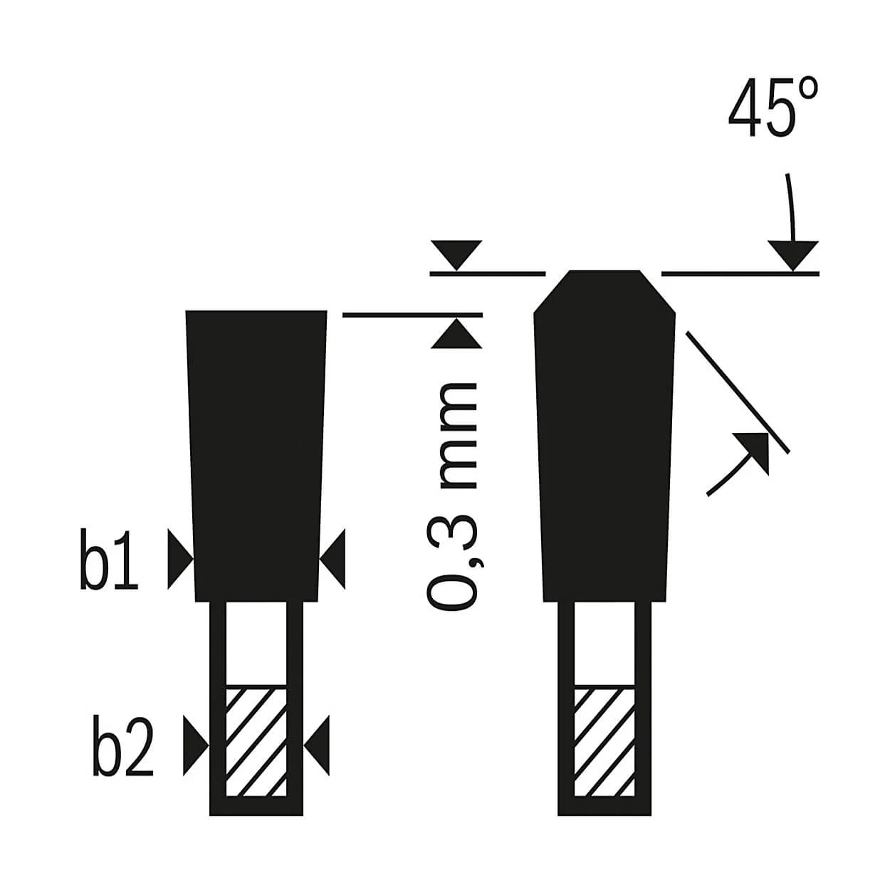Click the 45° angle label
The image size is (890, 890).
pos(773,108)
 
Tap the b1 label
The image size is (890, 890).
pos(108,560)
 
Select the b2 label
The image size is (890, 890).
pos(122,745)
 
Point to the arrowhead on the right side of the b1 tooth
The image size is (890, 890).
pos(332,560)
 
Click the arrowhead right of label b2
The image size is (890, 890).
pos(196,745)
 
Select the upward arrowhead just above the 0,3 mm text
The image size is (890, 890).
pos(456,333)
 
